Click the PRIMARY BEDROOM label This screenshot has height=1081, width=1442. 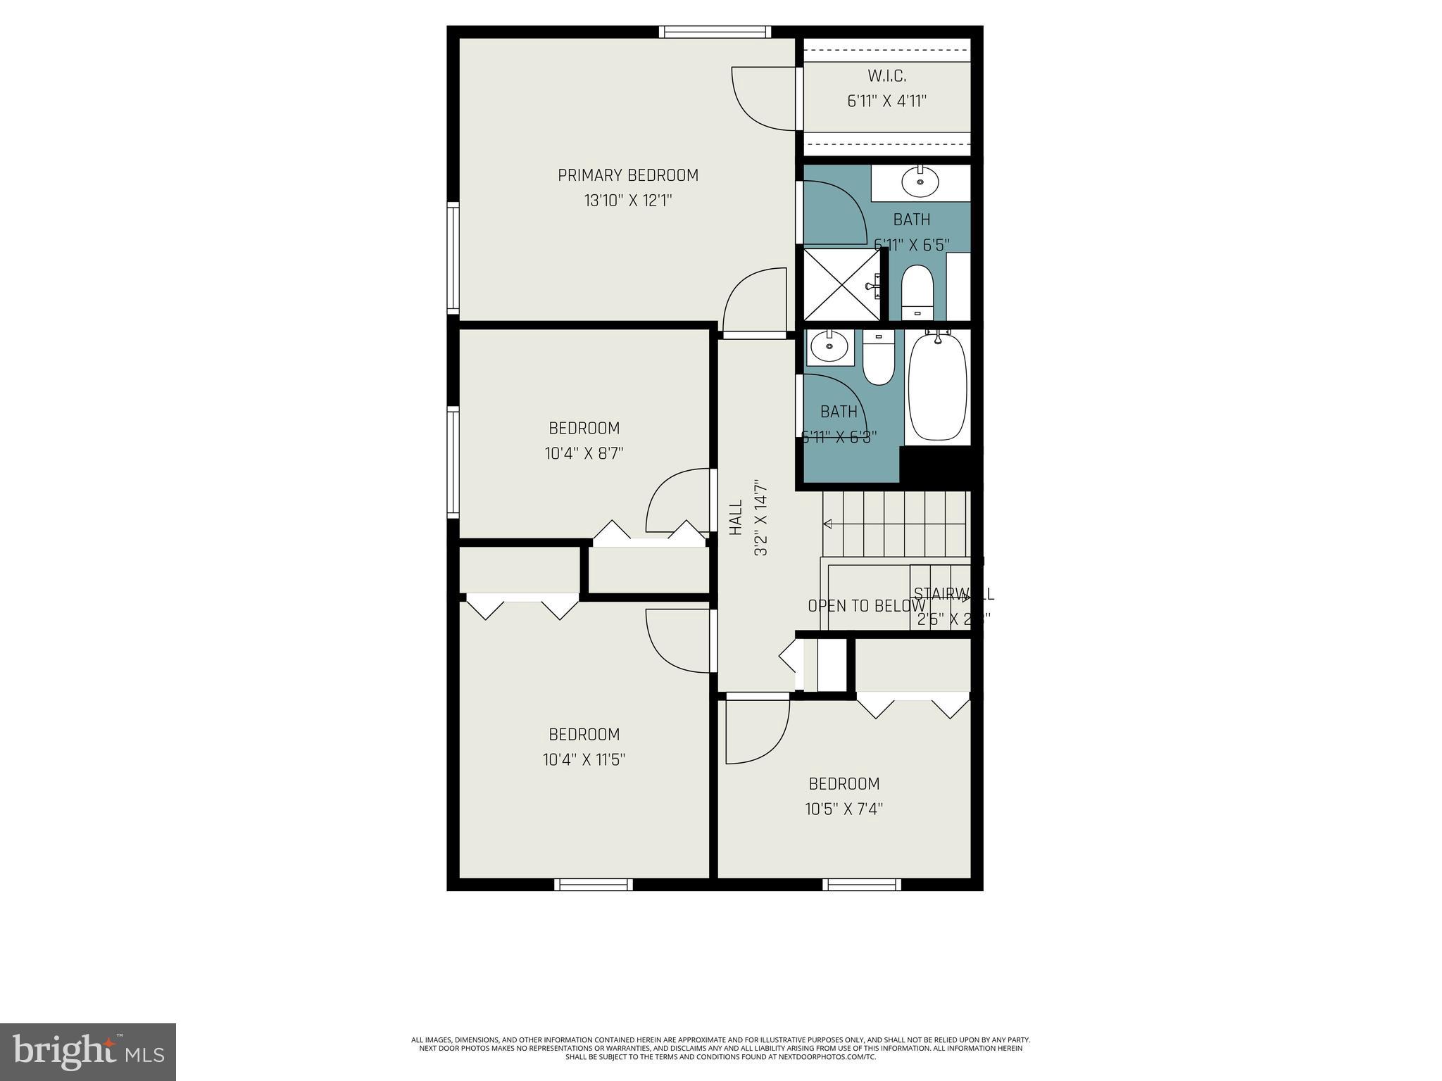pyautogui.click(x=628, y=175)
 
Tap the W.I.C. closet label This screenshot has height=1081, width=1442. pyautogui.click(x=886, y=76)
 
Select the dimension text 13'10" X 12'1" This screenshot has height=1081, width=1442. pyautogui.click(x=628, y=201)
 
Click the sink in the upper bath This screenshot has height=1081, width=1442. pyautogui.click(x=920, y=183)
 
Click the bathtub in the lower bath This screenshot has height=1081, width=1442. pyautogui.click(x=938, y=386)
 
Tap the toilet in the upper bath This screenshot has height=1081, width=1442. pyautogui.click(x=917, y=293)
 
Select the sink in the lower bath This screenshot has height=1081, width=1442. pyautogui.click(x=828, y=346)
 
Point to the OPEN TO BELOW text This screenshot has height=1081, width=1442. pyautogui.click(x=866, y=606)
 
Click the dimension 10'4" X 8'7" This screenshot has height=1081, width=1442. pyautogui.click(x=584, y=453)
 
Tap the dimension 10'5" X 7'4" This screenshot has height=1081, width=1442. pyautogui.click(x=844, y=809)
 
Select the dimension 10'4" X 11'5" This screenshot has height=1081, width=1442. pyautogui.click(x=584, y=760)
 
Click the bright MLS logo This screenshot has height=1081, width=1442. pyautogui.click(x=88, y=1052)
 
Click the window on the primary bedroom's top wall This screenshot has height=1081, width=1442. pyautogui.click(x=715, y=32)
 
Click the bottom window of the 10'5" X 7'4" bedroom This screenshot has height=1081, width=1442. pyautogui.click(x=862, y=885)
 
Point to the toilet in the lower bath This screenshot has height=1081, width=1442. pyautogui.click(x=878, y=359)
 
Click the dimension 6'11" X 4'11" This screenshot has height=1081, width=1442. pyautogui.click(x=886, y=101)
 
